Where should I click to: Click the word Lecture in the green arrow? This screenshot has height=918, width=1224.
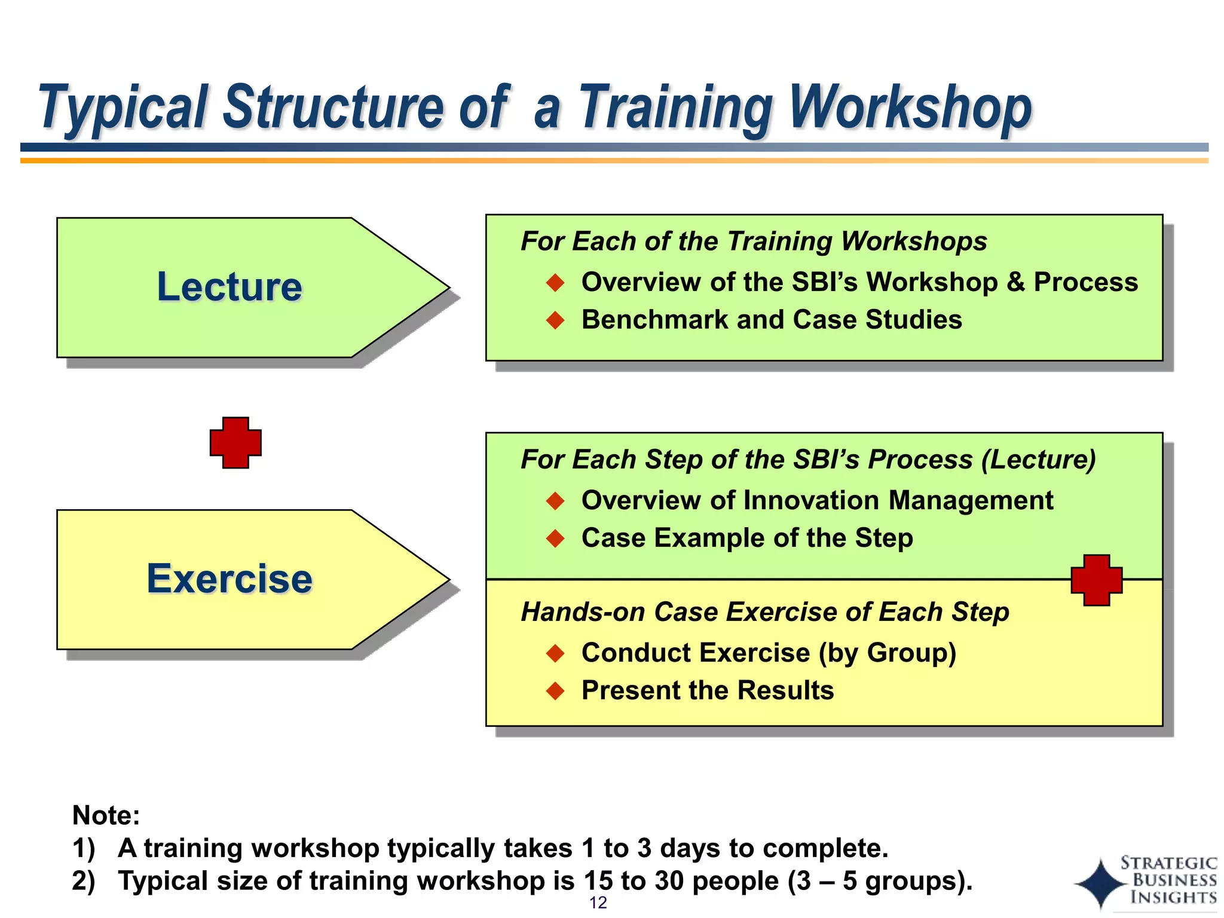[x=229, y=286]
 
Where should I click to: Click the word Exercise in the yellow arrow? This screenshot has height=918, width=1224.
[x=229, y=579]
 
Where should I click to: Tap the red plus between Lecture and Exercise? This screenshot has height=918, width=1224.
[x=235, y=443]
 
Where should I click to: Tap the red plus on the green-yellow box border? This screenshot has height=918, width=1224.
[x=1096, y=580]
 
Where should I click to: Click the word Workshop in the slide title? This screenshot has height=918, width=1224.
[x=911, y=108]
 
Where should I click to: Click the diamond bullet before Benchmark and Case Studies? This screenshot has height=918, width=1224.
[x=555, y=320]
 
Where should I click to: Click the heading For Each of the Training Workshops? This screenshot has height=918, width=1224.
[x=753, y=241]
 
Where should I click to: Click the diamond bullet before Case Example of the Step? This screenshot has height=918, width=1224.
[x=555, y=538]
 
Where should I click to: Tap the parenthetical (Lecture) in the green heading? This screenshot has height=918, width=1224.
[x=1039, y=460]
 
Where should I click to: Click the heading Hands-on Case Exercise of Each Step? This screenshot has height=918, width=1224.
[x=764, y=612]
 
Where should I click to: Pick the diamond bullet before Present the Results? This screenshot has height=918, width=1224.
[x=555, y=691]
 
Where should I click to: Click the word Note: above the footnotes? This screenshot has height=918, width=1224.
[x=106, y=815]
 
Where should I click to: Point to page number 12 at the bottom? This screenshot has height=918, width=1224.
[x=598, y=902]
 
